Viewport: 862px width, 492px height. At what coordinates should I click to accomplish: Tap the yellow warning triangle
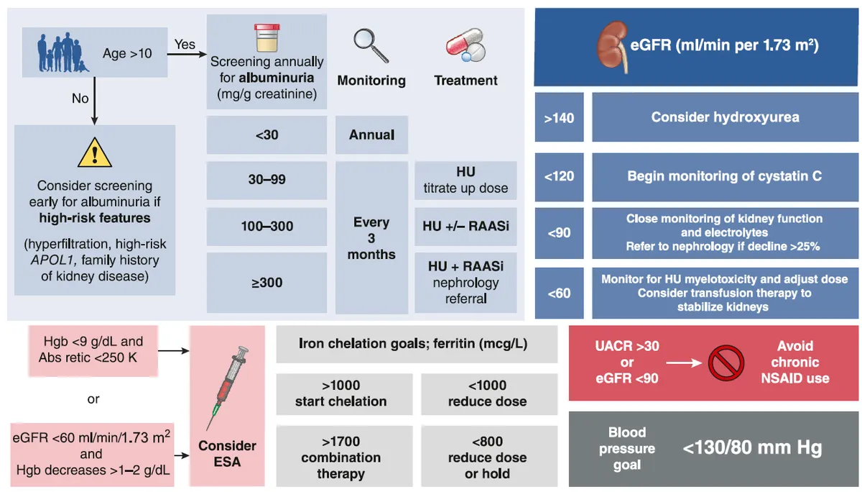pyautogui.click(x=95, y=153)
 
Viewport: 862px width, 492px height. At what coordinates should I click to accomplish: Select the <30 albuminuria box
pyautogui.click(x=267, y=135)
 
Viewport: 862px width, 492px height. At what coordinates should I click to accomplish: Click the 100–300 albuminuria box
pyautogui.click(x=267, y=226)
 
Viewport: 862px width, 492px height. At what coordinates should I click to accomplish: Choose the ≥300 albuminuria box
pyautogui.click(x=267, y=283)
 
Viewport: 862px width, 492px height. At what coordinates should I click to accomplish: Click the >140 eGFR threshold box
pyautogui.click(x=559, y=117)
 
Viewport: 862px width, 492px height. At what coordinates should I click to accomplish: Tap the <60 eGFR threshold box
pyautogui.click(x=559, y=293)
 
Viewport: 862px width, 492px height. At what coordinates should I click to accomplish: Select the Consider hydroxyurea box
pyautogui.click(x=725, y=117)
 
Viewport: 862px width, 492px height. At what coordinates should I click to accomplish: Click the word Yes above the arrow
pyautogui.click(x=185, y=45)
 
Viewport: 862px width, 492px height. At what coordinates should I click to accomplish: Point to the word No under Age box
pyautogui.click(x=80, y=98)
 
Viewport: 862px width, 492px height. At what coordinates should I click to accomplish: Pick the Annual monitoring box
pyautogui.click(x=371, y=135)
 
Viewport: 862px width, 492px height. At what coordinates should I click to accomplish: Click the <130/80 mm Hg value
pyautogui.click(x=752, y=448)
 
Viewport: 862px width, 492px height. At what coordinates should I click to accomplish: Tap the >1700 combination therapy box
pyautogui.click(x=341, y=457)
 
